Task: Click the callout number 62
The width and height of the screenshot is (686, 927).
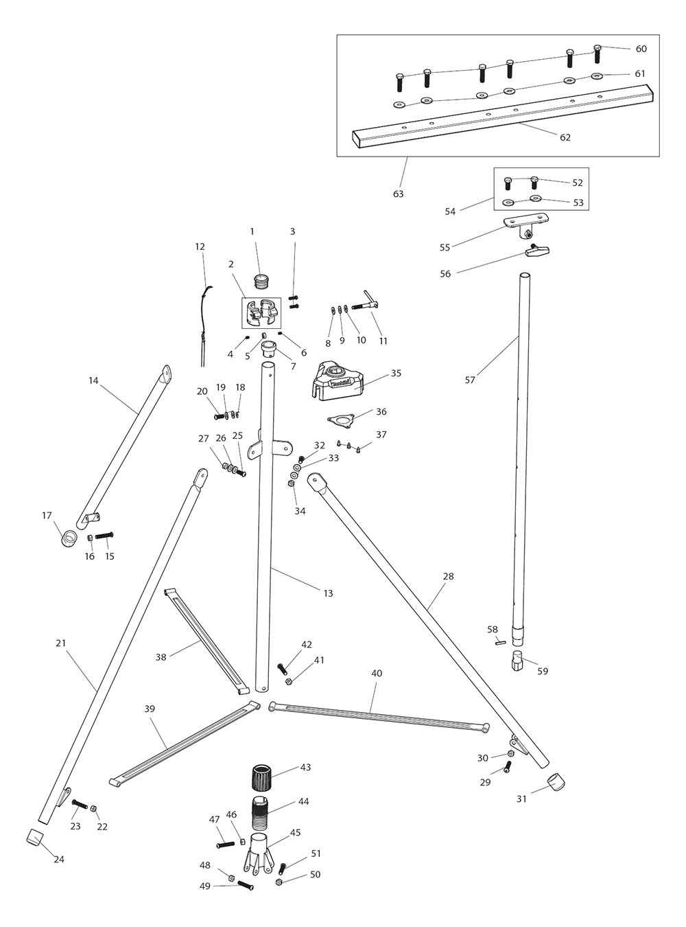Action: coord(565,137)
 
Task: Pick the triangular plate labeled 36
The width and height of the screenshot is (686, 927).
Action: coord(340,420)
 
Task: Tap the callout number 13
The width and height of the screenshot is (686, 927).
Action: coord(328,593)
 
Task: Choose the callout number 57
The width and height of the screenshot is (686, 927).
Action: coord(470,380)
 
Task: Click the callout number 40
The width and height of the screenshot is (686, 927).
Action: coord(377,674)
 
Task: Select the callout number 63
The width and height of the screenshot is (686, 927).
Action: coord(398,194)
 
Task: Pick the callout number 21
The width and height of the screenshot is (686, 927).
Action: coord(61,643)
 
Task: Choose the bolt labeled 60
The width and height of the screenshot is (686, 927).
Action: coord(597,52)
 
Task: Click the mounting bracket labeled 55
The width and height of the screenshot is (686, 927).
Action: coord(525,223)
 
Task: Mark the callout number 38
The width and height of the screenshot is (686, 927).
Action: coord(161,657)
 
